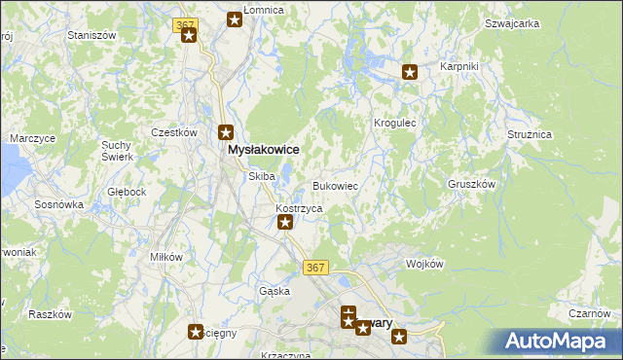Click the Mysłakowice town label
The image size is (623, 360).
(262, 150)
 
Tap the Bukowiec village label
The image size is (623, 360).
(338, 185)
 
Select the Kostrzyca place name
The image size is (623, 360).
(299, 208)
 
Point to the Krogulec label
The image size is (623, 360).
(395, 124)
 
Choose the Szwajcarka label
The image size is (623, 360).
(512, 23)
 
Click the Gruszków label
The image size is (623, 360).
(472, 184)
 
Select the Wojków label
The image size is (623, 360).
(424, 264)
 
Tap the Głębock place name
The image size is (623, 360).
(127, 192)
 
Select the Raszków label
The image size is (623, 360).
(51, 314)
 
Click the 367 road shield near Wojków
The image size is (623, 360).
(315, 268)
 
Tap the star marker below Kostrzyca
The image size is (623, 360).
(285, 223)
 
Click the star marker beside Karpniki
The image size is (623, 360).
(410, 71)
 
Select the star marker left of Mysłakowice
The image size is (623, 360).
(226, 133)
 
